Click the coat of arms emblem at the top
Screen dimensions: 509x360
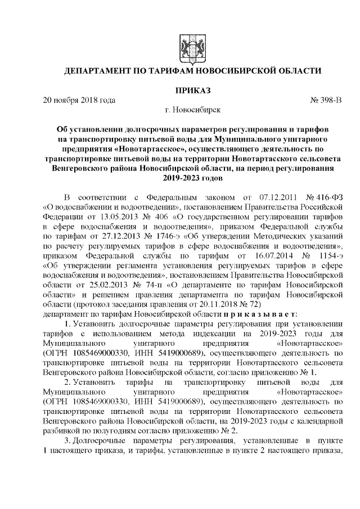coord(187,46)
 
